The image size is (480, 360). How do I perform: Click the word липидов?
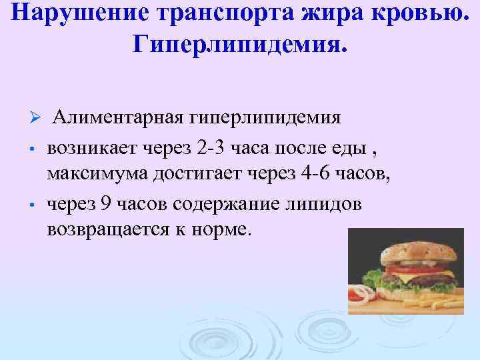click(x=323, y=204)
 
